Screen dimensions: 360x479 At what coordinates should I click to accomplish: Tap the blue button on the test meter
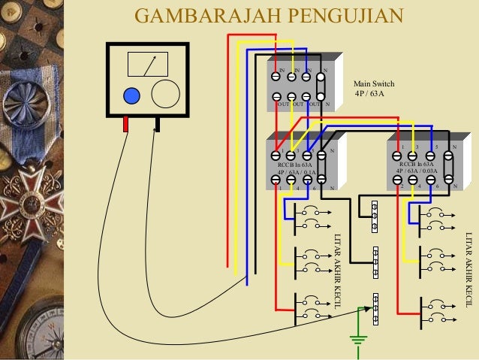[131, 95]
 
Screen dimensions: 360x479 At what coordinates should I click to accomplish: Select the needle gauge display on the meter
[147, 65]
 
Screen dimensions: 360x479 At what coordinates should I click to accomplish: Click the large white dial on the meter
[166, 94]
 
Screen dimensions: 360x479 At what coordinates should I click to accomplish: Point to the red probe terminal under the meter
[126, 124]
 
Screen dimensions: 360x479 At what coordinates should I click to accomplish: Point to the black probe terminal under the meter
[157, 123]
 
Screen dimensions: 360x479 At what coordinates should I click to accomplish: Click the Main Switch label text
[373, 83]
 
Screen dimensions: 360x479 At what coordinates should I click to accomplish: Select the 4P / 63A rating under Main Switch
[369, 94]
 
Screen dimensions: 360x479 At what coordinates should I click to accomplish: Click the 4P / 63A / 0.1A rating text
[296, 171]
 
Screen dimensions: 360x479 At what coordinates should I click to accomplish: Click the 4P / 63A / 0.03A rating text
[418, 171]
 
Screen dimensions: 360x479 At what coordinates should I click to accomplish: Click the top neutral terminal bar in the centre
[375, 216]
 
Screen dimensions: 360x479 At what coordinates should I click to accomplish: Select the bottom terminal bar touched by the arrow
[375, 309]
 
